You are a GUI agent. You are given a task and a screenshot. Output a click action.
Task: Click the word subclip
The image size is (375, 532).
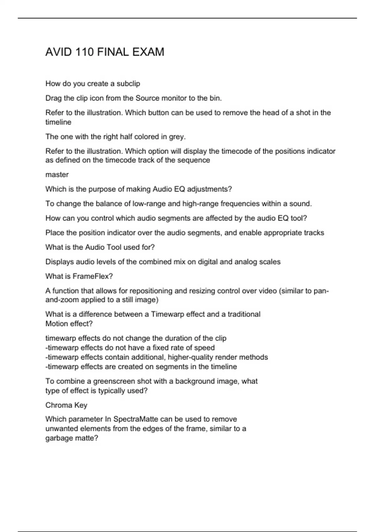tap(128, 84)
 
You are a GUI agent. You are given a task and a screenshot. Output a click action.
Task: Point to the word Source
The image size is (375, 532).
tap(147, 98)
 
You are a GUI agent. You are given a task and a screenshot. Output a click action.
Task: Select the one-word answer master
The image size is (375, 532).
tap(57, 175)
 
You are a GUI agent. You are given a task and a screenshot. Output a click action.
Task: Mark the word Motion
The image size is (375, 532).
tap(56, 324)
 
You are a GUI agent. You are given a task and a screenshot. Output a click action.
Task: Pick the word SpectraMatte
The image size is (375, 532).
tap(138, 419)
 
